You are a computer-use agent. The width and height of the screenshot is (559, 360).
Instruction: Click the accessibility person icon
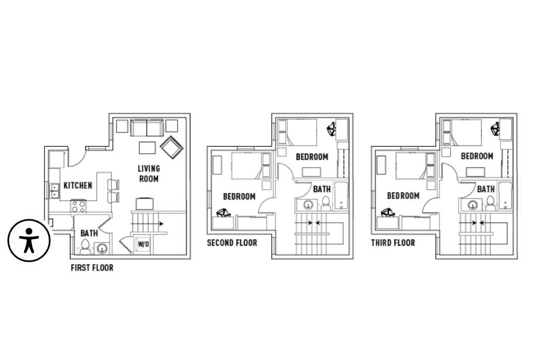[x=29, y=240]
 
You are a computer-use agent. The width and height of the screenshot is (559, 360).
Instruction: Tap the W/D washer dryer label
[x=143, y=245]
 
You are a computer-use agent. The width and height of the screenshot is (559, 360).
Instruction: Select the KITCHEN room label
[x=78, y=185]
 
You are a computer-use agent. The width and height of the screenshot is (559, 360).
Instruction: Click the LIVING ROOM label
[x=149, y=174]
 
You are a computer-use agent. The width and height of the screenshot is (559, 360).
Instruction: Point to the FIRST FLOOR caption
[x=92, y=268]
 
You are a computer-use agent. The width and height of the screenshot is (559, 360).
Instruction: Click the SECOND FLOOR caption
[x=232, y=243]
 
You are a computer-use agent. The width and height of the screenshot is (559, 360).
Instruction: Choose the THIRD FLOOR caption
[x=393, y=243]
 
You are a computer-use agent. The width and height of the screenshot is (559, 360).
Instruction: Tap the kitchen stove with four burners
[x=79, y=206]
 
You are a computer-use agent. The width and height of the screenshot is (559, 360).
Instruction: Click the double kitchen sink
[x=54, y=191]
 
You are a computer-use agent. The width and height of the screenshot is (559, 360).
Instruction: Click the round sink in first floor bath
[x=102, y=248]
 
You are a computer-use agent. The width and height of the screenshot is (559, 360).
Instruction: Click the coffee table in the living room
[x=147, y=147]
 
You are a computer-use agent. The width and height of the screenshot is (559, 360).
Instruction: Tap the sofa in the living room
[x=147, y=128]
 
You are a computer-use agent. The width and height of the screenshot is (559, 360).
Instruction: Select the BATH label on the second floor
[x=322, y=189]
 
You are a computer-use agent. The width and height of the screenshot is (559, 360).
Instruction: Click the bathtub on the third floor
[x=505, y=196]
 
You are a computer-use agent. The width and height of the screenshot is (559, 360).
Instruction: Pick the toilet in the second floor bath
[x=326, y=203]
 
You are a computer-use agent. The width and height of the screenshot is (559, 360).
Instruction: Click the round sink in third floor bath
[x=473, y=205]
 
